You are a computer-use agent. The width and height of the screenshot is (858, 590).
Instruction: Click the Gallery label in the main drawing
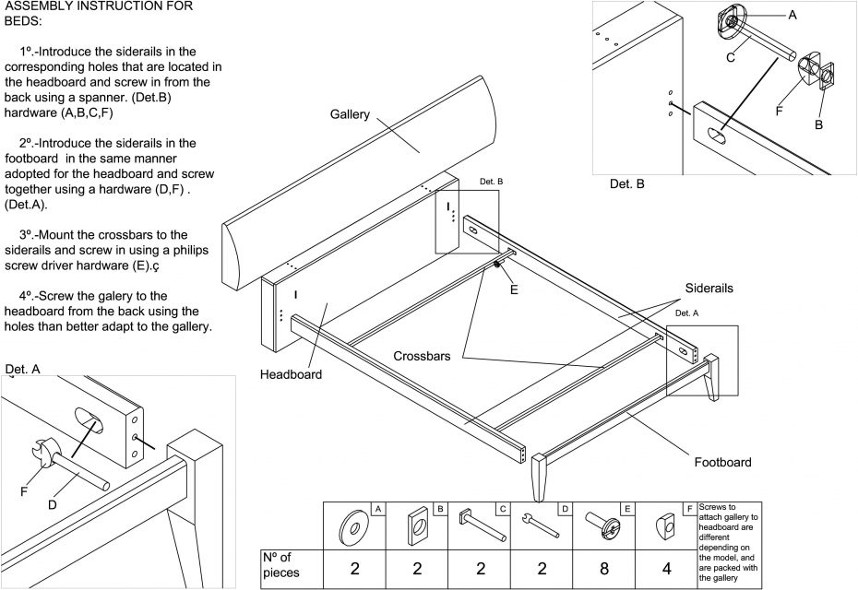tap(350, 115)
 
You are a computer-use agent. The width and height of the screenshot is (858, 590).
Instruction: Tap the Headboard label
tap(291, 374)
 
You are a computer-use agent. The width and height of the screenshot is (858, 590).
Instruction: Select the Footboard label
tap(722, 462)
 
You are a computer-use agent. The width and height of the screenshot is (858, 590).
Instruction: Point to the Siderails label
tap(709, 289)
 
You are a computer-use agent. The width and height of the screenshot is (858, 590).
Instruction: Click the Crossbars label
tap(423, 356)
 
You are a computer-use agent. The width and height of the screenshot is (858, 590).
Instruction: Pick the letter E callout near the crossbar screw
tap(514, 289)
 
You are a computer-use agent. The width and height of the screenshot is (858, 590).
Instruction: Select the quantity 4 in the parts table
tap(666, 568)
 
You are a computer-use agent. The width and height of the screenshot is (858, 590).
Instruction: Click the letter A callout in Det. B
tap(792, 15)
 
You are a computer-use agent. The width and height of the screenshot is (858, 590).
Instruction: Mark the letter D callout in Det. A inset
tap(53, 503)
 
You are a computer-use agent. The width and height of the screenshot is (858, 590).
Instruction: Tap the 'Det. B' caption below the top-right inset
tap(627, 184)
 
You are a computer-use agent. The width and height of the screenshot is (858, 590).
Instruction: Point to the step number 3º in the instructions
tap(30, 234)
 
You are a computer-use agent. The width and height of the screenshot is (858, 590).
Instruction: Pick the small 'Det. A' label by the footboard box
tap(686, 313)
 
